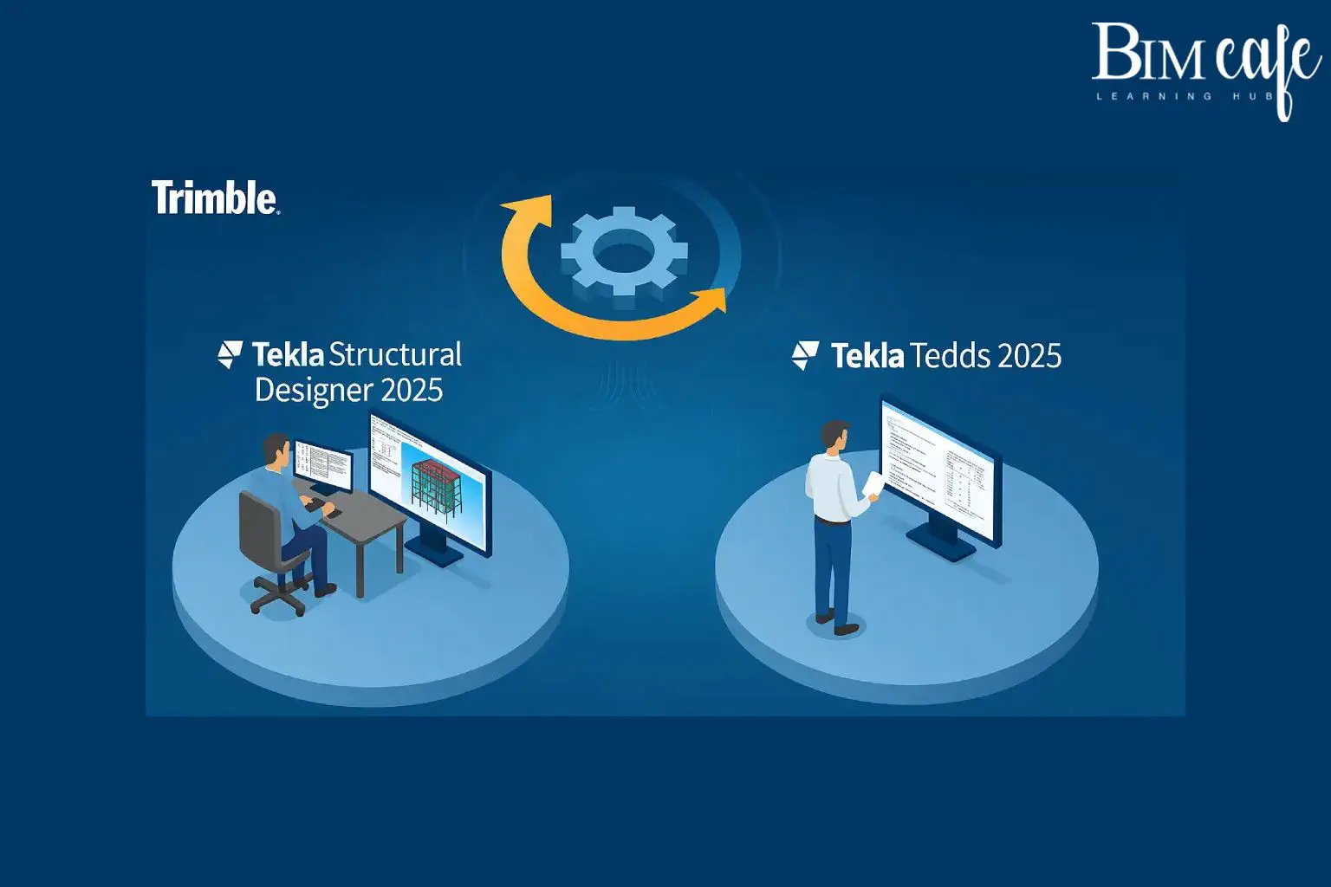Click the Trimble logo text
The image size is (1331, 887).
tap(215, 197)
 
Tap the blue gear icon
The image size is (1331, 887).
tap(624, 252)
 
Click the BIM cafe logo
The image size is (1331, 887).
tap(1205, 61)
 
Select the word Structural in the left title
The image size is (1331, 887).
tap(395, 355)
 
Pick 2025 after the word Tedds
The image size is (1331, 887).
tap(1029, 356)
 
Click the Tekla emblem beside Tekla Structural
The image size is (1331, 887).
tap(230, 354)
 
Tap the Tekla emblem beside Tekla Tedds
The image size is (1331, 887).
tap(805, 355)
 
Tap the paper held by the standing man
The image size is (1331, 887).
tap(873, 485)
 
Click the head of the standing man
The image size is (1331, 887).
tap(835, 436)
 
